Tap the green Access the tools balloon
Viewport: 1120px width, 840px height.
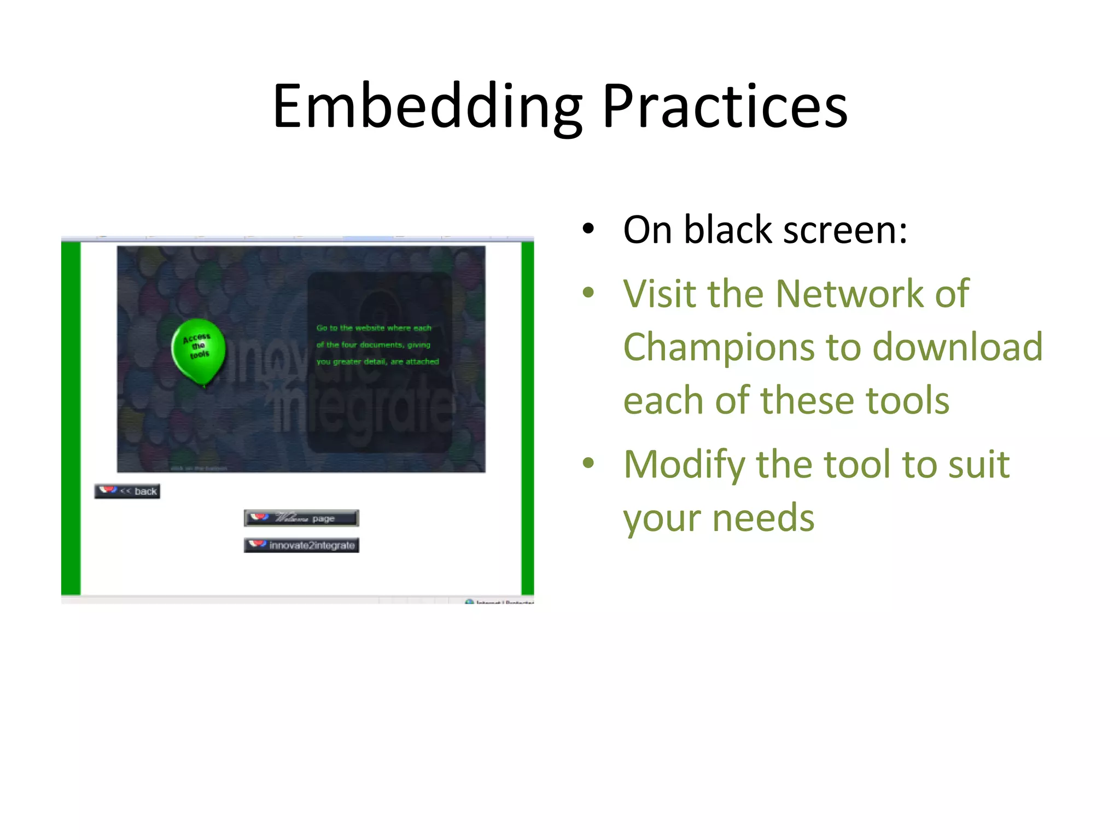tap(198, 350)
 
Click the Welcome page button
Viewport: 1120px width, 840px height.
tap(301, 518)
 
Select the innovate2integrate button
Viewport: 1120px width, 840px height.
tap(301, 545)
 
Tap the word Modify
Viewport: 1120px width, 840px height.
tap(684, 465)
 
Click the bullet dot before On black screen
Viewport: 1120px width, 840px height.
tap(588, 229)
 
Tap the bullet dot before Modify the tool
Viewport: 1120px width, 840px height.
tap(588, 464)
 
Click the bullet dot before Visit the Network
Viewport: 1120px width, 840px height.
tap(588, 293)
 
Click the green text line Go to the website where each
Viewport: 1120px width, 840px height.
tap(374, 328)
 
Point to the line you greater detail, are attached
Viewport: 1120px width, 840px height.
tap(377, 361)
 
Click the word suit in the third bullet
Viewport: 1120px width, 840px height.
tap(978, 465)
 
